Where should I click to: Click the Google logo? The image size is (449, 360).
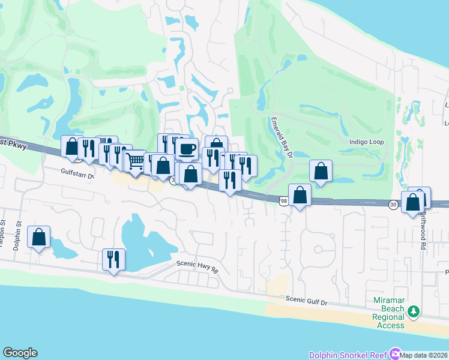point(20,353)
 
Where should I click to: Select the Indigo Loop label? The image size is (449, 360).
point(366,142)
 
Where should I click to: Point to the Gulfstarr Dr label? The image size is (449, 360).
point(78,173)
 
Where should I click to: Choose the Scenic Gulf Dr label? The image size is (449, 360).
point(307,299)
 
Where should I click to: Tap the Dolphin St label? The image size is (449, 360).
point(19,234)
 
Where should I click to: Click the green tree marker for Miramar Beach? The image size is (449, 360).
point(413,311)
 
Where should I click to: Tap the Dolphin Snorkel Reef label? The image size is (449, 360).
point(348,355)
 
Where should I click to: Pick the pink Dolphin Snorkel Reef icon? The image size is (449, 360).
point(394,353)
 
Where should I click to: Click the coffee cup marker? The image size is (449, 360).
point(187,148)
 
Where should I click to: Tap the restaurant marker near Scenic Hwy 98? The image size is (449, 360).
point(113,259)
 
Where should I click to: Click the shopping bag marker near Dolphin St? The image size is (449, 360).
point(39,236)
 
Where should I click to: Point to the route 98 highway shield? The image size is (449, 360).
point(283,201)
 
